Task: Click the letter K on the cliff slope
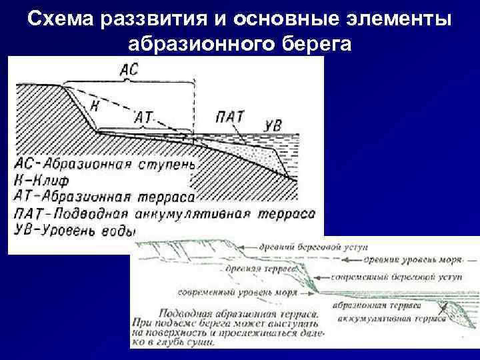pos(94,105)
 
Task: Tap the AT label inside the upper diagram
pos(143,117)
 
